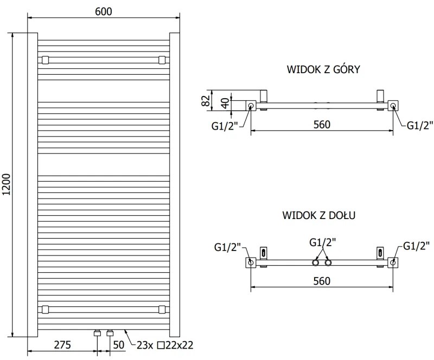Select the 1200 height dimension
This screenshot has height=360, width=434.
pyautogui.click(x=7, y=184)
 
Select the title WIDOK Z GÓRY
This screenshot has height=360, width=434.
pyautogui.click(x=323, y=69)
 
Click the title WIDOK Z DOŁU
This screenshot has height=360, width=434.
pyautogui.click(x=318, y=215)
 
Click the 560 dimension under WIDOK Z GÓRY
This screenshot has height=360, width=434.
pyautogui.click(x=322, y=124)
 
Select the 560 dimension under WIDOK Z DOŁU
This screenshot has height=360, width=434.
pyautogui.click(x=322, y=280)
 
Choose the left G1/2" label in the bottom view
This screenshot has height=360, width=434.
pyautogui.click(x=227, y=247)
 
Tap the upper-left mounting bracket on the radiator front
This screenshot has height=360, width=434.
pyautogui.click(x=44, y=59)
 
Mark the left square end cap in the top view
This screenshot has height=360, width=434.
pyautogui.click(x=251, y=105)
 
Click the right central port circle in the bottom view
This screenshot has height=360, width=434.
pyautogui.click(x=328, y=263)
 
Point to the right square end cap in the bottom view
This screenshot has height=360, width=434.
pyautogui.click(x=393, y=263)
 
